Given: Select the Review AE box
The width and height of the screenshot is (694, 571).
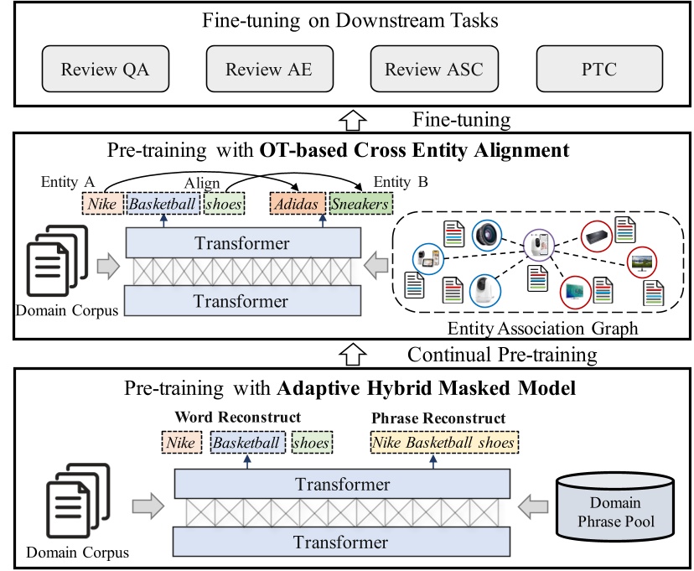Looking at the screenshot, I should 268,70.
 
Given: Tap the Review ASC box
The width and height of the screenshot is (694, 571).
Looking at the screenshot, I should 433,70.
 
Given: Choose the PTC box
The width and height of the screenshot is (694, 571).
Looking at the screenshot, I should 598,70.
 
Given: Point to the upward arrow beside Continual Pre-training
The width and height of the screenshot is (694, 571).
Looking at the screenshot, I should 351,354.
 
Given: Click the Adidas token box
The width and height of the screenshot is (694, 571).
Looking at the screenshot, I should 297,204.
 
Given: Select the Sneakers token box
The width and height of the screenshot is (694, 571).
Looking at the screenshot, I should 360,204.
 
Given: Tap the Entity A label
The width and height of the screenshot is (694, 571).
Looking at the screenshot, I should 68,181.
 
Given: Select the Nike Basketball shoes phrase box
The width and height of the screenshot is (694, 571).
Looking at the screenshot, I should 443,441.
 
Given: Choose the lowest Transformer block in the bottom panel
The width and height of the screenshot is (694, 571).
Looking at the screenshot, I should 340,541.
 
